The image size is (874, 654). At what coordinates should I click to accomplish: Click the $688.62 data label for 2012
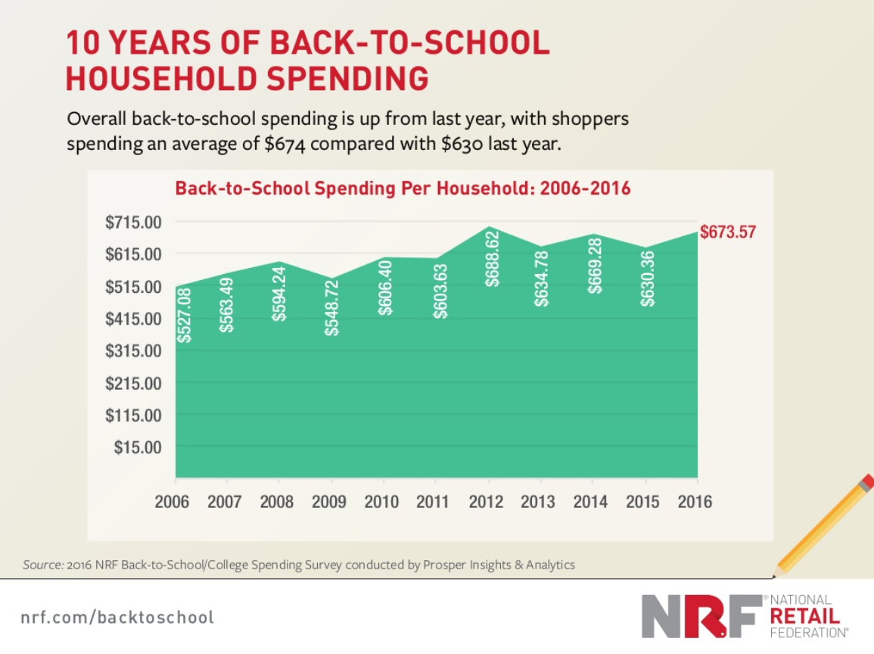[492, 259]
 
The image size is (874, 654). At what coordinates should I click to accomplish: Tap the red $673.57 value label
[727, 232]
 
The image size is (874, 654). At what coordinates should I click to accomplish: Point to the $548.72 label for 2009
[331, 307]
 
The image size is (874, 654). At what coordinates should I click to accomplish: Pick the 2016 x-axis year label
[695, 502]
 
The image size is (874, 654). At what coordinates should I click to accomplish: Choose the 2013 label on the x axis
[539, 502]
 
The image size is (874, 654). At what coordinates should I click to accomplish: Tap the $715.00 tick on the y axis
[134, 223]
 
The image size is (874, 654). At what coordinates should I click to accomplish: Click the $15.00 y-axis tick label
[138, 447]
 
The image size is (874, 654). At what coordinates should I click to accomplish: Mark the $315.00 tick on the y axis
[134, 351]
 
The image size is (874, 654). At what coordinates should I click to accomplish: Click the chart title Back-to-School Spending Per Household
[403, 188]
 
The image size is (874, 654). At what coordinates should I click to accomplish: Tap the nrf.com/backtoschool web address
[117, 617]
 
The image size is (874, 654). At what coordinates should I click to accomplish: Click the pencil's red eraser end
[867, 481]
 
